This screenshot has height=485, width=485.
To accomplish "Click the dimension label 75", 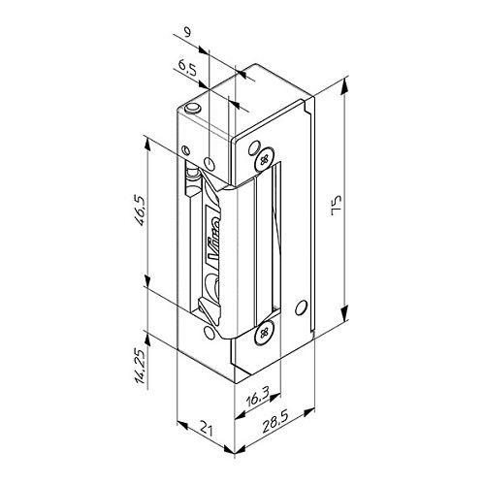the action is (337, 206).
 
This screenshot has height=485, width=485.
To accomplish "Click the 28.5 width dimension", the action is (275, 421).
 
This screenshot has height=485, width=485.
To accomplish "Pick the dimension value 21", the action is (207, 429).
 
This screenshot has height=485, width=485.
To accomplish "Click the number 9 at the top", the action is (187, 32).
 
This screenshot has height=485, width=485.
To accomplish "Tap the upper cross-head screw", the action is (265, 159).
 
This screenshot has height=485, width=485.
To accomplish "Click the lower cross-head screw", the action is (265, 332).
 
